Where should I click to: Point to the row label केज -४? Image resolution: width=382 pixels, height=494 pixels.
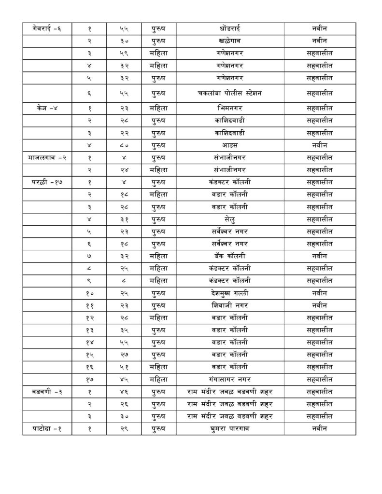click(47, 108)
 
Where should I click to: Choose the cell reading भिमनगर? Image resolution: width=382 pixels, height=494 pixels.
click(229, 108)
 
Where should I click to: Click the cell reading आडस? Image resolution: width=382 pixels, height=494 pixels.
click(229, 144)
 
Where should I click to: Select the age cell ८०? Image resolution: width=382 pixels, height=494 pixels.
click(124, 144)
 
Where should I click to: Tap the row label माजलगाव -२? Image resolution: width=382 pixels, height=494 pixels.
click(47, 157)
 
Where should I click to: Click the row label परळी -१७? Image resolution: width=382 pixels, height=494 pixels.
click(47, 181)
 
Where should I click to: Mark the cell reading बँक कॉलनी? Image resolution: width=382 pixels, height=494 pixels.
click(229, 255)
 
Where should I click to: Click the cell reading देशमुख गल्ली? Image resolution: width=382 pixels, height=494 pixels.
click(229, 292)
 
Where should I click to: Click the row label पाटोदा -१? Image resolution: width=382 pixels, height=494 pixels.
click(47, 428)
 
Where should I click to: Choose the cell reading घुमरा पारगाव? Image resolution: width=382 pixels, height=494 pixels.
click(229, 428)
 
